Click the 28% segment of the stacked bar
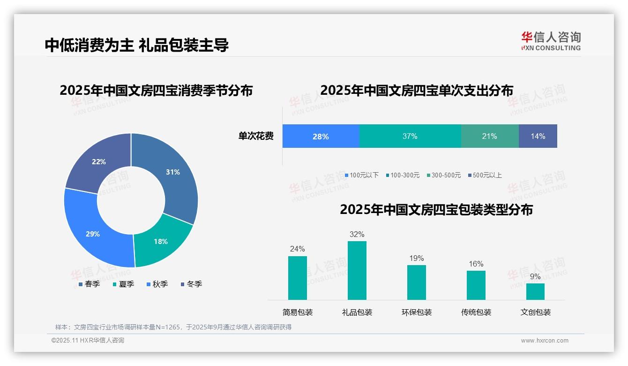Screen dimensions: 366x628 tap(321, 137)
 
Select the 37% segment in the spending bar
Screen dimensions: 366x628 tap(410, 137)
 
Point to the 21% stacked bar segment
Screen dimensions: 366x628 tap(490, 137)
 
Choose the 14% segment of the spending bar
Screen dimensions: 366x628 tap(538, 137)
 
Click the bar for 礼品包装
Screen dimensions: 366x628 tap(357, 270)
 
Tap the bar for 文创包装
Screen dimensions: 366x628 tap(535, 291)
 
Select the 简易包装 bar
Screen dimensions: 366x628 tap(298, 278)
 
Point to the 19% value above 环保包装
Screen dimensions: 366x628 tap(416, 259)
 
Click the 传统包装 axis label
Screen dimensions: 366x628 tap(476, 313)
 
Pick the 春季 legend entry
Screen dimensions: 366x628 tap(89, 284)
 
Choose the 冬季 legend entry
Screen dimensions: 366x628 tap(191, 284)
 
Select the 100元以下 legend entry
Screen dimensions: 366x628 tap(361, 175)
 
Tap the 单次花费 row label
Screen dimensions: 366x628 tap(256, 137)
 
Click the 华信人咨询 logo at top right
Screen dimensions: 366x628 tap(551, 41)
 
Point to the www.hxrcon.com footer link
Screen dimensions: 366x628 tap(545, 341)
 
